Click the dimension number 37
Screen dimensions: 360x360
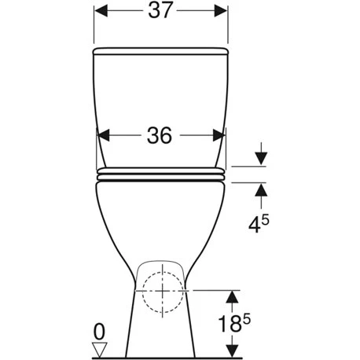160,10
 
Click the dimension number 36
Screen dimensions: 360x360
160,135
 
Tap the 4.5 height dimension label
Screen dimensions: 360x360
259,224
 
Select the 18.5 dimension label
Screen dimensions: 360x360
234,323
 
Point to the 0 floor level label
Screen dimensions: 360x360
99,332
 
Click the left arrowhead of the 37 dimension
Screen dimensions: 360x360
101,11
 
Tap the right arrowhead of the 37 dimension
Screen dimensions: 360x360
221,11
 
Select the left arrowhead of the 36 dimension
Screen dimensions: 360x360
103,135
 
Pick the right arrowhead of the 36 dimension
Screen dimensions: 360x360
219,135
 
